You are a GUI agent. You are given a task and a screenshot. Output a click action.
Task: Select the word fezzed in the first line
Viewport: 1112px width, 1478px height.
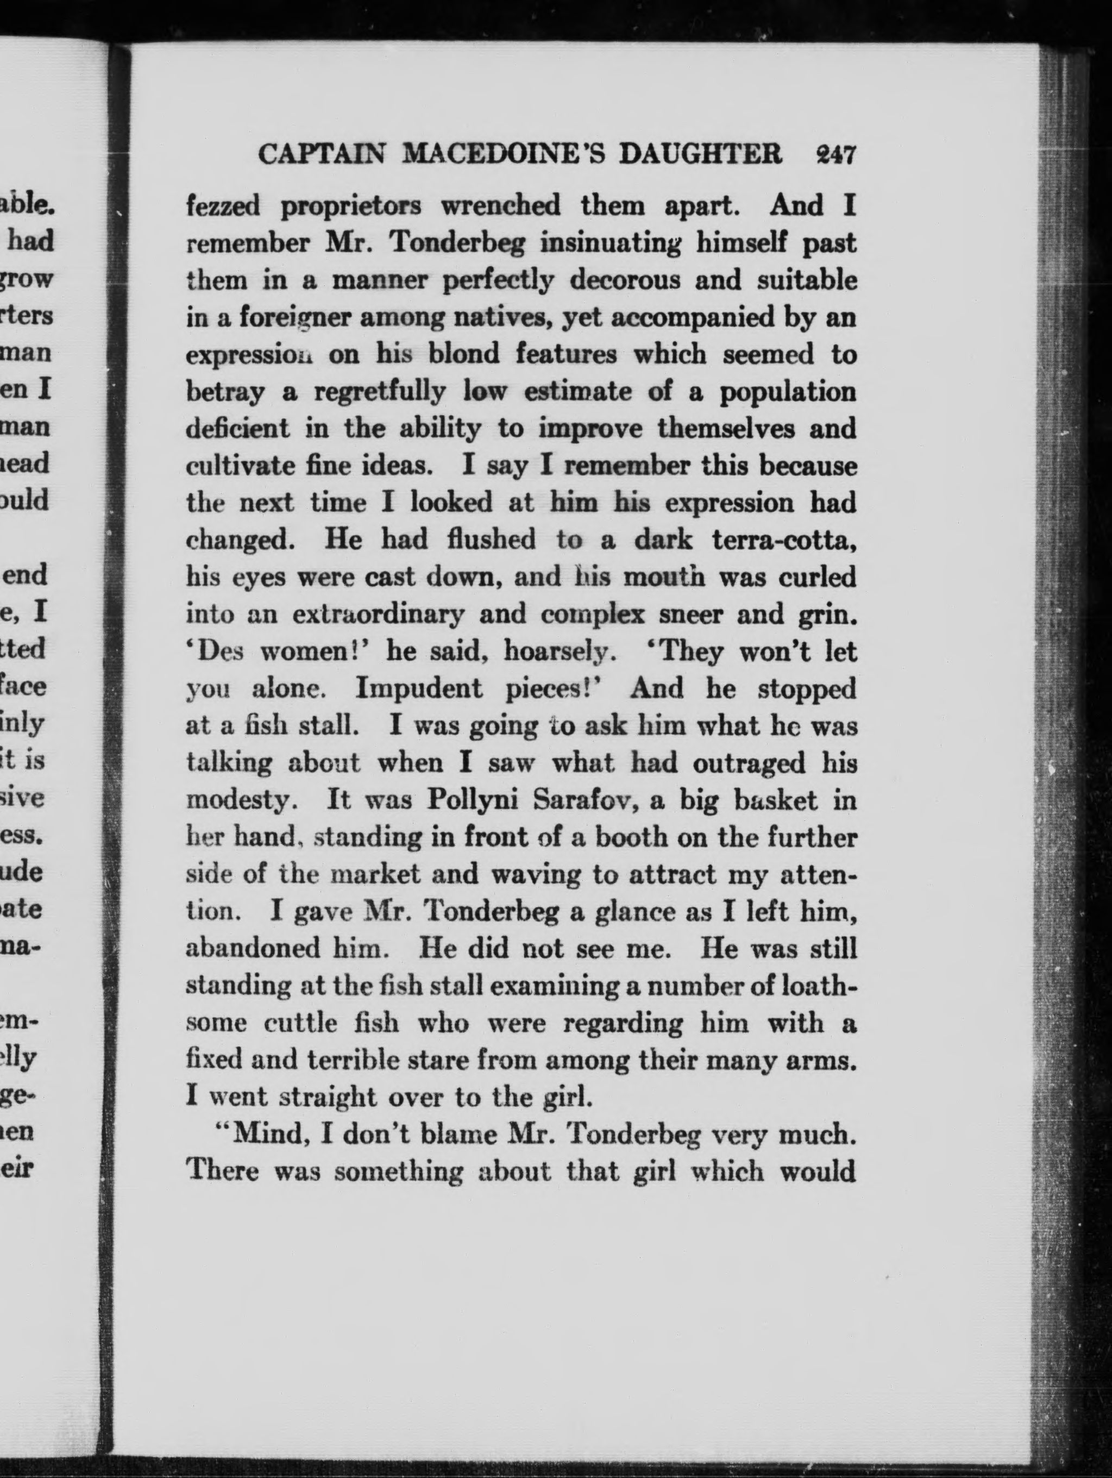[223, 206]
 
